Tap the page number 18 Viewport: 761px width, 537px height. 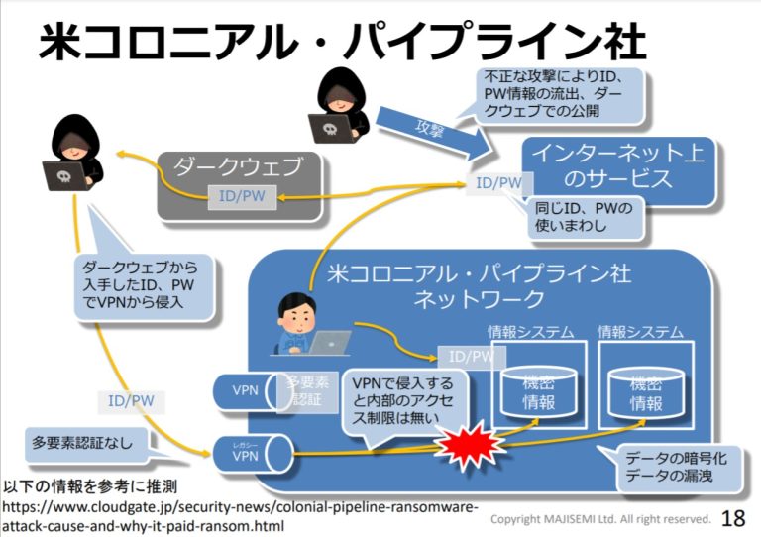[733, 518]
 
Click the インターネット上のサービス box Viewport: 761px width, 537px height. [618, 169]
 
